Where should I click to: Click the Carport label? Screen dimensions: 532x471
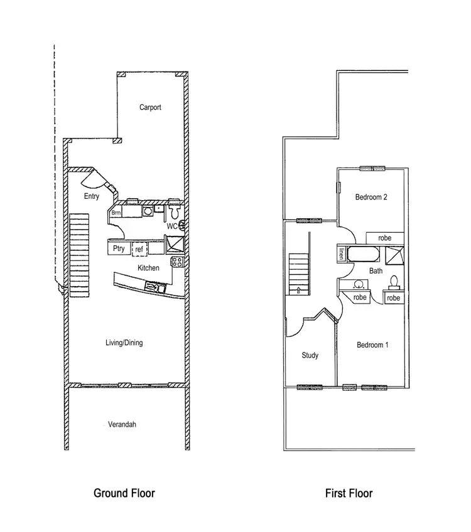(x=150, y=107)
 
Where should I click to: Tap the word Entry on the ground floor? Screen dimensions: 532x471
(x=92, y=196)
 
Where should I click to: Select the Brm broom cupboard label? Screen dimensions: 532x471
(x=116, y=213)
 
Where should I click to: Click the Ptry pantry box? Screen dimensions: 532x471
(x=119, y=248)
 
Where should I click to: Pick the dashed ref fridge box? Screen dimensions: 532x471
(x=139, y=249)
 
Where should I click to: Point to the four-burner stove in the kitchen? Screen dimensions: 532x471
(x=177, y=262)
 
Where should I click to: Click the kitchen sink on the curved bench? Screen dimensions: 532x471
(x=154, y=287)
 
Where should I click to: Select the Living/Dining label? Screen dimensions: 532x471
(x=124, y=343)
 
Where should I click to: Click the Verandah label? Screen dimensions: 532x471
(x=122, y=425)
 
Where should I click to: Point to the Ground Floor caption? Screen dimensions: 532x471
(x=124, y=493)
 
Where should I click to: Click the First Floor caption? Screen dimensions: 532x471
(x=349, y=493)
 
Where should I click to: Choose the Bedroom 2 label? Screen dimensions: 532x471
(x=371, y=197)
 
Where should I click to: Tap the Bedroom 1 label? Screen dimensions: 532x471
(x=372, y=344)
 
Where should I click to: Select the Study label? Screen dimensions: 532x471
(x=310, y=355)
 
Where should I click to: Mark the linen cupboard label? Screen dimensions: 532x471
(x=342, y=254)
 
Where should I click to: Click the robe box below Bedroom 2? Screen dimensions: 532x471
(x=385, y=238)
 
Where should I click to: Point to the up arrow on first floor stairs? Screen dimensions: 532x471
(x=298, y=289)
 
